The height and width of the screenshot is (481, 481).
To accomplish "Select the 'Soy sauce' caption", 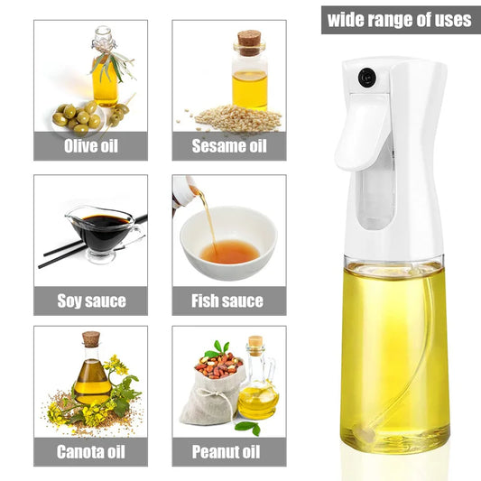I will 90,301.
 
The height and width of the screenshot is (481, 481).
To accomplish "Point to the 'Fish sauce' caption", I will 229,301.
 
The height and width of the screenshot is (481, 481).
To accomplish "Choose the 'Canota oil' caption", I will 90,451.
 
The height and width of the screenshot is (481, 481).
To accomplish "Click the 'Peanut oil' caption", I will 229,451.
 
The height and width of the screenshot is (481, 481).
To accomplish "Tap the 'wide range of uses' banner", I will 399,19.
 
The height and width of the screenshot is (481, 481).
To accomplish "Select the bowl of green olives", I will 79,118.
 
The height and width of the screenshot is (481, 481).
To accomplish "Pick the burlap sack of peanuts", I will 214,390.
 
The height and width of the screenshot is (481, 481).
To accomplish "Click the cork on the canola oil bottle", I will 90,339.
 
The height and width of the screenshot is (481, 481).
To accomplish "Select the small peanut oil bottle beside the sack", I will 259,388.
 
